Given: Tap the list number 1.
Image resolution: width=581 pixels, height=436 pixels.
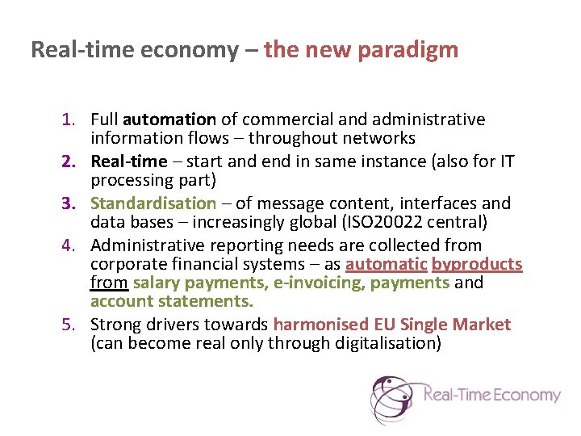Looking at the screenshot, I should pyautogui.click(x=69, y=120).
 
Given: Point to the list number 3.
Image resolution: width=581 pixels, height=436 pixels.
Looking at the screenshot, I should pyautogui.click(x=69, y=203).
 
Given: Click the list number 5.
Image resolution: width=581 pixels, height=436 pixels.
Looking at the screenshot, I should pyautogui.click(x=69, y=325).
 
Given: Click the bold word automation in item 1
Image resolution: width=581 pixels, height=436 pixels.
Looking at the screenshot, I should pyautogui.click(x=169, y=120).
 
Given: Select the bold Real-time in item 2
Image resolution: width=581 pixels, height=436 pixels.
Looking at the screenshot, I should pyautogui.click(x=128, y=161).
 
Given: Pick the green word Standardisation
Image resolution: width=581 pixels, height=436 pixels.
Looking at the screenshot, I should pyautogui.click(x=153, y=203).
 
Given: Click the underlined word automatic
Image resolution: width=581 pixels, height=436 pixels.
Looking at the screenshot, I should pyautogui.click(x=386, y=264).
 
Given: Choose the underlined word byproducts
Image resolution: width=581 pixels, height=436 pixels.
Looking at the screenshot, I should pyautogui.click(x=477, y=264).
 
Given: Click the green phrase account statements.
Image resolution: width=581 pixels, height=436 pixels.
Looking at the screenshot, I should pyautogui.click(x=172, y=301).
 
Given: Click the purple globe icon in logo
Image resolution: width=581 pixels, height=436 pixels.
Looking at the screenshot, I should pyautogui.click(x=394, y=398).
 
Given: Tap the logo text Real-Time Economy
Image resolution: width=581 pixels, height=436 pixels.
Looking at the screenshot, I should pyautogui.click(x=491, y=395).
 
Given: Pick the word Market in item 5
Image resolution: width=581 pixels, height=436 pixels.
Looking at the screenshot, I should pyautogui.click(x=481, y=325).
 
